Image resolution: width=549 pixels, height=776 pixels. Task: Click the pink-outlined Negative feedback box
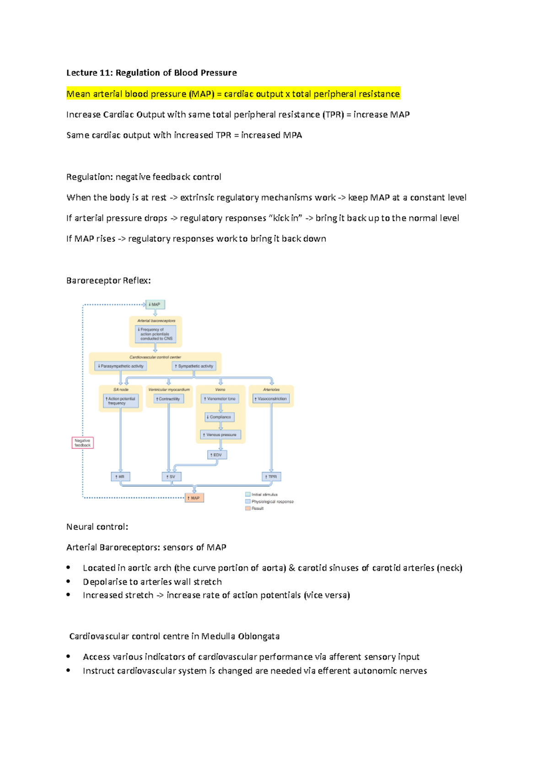point(83,442)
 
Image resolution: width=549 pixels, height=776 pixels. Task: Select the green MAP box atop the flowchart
point(155,304)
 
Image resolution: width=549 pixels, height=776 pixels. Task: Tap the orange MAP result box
point(194,498)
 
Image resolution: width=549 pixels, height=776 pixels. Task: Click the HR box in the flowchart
point(120,477)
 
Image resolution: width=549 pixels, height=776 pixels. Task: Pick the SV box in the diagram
point(172,477)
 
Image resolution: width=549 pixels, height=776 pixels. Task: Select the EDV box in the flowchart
point(217,455)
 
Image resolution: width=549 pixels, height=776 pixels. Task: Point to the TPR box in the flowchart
point(271,477)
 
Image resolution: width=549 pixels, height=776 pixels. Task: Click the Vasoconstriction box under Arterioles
point(271,399)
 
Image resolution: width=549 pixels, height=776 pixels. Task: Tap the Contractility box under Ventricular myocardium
point(169,399)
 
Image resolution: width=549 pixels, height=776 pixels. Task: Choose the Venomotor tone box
point(220,399)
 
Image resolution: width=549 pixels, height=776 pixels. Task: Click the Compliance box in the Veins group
point(220,417)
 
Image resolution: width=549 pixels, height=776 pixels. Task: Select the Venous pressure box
point(221,435)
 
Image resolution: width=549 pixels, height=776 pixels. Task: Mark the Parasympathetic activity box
point(121,366)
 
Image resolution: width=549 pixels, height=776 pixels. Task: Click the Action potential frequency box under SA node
point(120,401)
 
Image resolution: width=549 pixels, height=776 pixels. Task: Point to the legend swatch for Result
point(248,508)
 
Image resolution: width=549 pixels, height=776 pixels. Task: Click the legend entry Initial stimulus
point(264,494)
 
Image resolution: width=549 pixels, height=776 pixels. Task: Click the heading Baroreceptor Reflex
point(108,281)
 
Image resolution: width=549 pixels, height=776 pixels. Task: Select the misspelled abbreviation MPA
point(292,135)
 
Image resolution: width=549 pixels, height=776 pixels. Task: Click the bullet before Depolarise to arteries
point(69,581)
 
